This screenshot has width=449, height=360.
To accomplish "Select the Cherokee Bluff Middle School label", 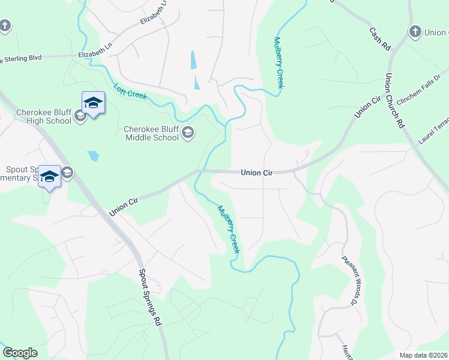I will coord(151,133).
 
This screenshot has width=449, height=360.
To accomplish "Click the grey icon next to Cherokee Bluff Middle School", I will coord(188,133).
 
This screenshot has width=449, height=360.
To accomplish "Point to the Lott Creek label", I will coord(130,91).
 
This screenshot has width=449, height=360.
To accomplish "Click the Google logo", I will coord(20,353).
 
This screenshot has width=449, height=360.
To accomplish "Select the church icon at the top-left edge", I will coord(5,26).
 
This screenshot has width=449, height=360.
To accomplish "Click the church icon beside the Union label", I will coord(415,32).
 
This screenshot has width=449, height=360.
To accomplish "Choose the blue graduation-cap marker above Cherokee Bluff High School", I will coord(93,103).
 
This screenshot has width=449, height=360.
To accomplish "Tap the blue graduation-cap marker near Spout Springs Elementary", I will coord(50,176).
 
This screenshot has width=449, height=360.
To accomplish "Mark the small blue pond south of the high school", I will coord(92,157).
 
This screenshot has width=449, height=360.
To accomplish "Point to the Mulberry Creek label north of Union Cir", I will coord(279,62).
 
